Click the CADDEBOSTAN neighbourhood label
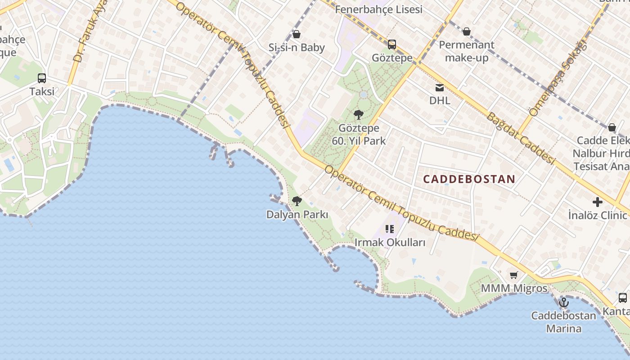(469, 179)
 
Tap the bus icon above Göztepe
(392, 45)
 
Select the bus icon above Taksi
(42, 78)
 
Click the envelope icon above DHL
(439, 88)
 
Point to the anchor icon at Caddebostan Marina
(564, 302)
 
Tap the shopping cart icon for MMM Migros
(514, 275)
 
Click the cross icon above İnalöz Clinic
(597, 202)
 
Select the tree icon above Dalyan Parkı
(297, 201)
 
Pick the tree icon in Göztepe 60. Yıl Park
(359, 115)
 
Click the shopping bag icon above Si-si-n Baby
(297, 34)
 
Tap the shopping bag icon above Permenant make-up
(467, 31)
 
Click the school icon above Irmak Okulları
(390, 229)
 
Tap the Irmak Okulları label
(390, 243)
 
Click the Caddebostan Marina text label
(563, 322)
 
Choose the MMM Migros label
(514, 288)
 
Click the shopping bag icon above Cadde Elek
(612, 127)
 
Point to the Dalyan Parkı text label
(297, 215)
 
